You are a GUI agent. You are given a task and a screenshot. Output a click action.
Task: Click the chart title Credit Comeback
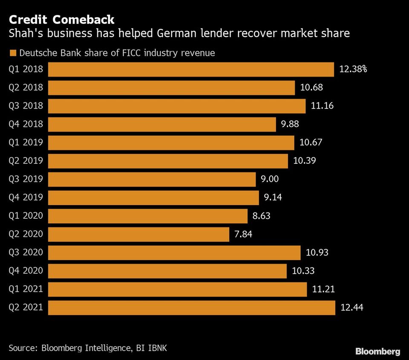tap(61, 19)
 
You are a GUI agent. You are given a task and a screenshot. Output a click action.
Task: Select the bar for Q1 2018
tap(190, 70)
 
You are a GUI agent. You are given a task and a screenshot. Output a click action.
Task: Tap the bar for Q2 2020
tap(138, 234)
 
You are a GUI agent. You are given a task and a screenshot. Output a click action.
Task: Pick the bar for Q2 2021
tap(192, 308)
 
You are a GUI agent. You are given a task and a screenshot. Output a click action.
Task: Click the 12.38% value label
tap(353, 69)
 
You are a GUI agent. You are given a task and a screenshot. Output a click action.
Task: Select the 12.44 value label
tap(351, 308)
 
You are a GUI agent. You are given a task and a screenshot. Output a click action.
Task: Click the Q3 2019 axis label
tap(26, 179)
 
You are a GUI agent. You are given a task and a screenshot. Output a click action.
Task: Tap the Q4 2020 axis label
tap(26, 271)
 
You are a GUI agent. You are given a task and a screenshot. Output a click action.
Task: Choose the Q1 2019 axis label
tap(26, 142)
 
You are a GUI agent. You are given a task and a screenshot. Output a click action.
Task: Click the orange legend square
tap(12, 53)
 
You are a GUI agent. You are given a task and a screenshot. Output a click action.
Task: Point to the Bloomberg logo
tap(377, 351)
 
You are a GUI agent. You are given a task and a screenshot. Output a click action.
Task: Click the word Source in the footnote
tap(22, 348)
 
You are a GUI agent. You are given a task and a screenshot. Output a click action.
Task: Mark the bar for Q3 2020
tap(174, 253)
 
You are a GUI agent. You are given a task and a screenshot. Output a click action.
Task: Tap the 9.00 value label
tap(270, 179)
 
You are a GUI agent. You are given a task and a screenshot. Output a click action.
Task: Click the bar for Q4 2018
tap(162, 125)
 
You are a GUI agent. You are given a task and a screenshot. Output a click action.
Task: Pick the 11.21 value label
tap(323, 289)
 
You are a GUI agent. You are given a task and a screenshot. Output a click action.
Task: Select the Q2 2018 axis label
tap(26, 87)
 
